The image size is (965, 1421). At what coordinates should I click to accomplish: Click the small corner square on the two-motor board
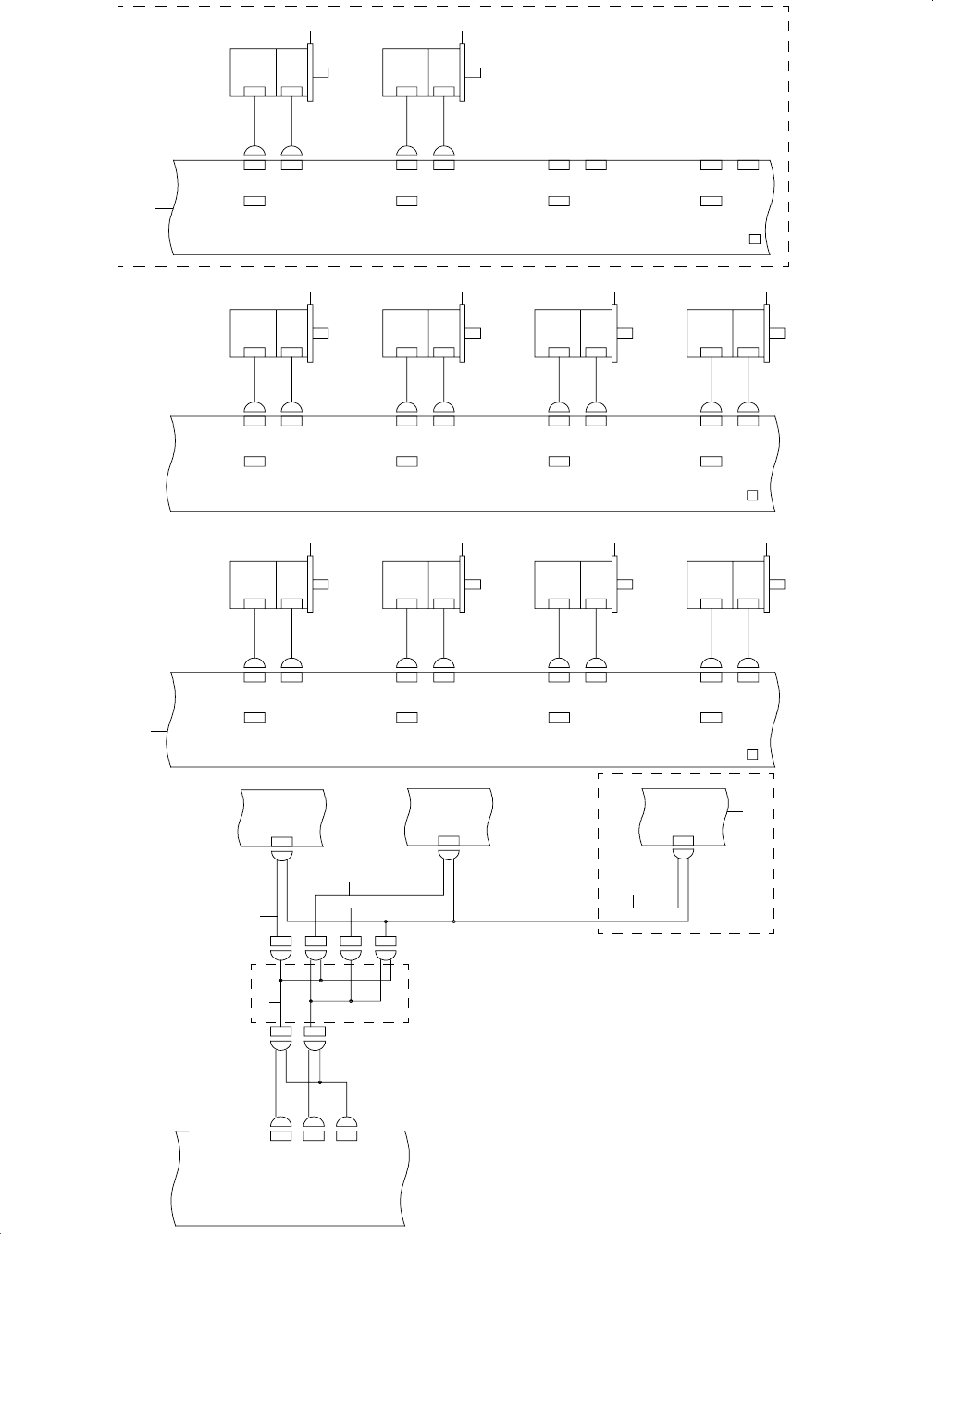(753, 239)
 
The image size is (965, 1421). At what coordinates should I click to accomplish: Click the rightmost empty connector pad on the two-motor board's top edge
(748, 165)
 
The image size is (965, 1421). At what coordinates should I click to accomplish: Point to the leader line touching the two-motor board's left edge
(163, 210)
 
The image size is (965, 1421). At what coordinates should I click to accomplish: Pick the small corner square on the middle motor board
(752, 496)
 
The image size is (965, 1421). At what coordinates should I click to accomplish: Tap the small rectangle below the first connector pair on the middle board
(254, 461)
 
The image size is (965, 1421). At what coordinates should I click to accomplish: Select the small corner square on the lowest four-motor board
(752, 754)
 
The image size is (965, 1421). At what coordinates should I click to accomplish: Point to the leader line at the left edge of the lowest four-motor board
(159, 731)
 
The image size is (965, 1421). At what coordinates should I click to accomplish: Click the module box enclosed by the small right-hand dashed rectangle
(683, 816)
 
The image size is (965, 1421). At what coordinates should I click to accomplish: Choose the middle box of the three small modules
(449, 816)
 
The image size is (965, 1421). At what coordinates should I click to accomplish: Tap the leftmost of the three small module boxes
(282, 816)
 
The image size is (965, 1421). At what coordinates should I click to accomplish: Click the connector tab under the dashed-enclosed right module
(683, 841)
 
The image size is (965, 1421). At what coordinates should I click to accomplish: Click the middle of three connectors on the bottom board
(314, 1128)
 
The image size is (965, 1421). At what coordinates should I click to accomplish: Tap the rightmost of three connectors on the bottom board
(346, 1128)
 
